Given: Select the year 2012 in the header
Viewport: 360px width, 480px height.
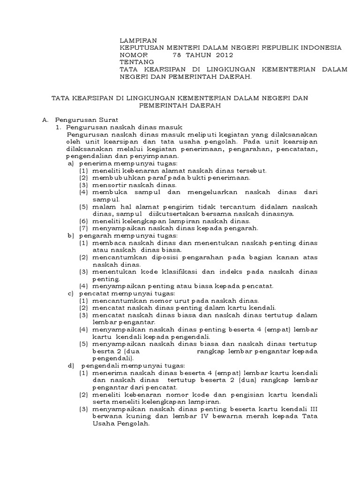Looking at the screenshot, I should pos(223,55).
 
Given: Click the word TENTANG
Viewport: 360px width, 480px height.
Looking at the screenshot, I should pos(136,62).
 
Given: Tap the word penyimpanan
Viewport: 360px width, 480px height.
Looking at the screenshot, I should pos(156,156).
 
